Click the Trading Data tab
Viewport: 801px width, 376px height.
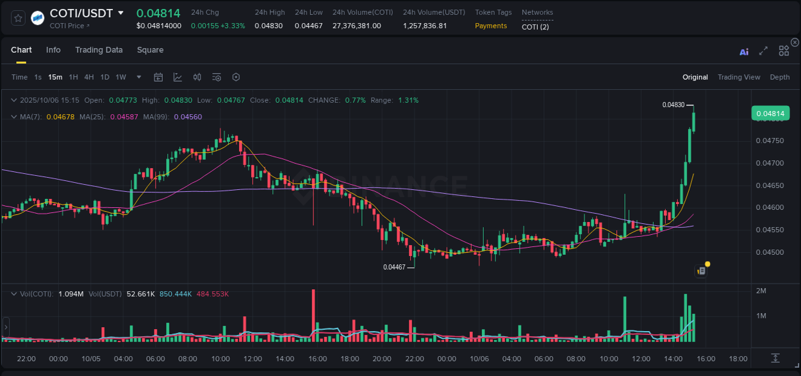pyautogui.click(x=99, y=50)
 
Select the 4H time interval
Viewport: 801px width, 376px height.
pyautogui.click(x=89, y=77)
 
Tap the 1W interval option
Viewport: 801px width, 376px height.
pyautogui.click(x=120, y=77)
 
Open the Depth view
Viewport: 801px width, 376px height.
pyautogui.click(x=779, y=77)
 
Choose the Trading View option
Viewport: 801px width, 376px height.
pyautogui.click(x=738, y=77)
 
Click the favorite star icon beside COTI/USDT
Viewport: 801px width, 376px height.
pyautogui.click(x=19, y=18)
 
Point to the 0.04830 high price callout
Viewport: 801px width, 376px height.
pyautogui.click(x=673, y=105)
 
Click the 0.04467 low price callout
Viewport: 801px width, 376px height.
pyautogui.click(x=394, y=267)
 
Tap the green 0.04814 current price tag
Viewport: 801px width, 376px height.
pyautogui.click(x=770, y=114)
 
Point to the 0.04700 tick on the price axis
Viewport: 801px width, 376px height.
pyautogui.click(x=770, y=163)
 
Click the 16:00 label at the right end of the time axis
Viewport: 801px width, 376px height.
pyautogui.click(x=706, y=359)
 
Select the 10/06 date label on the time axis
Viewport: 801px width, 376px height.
pyautogui.click(x=479, y=359)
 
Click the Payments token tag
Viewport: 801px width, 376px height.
pyautogui.click(x=491, y=26)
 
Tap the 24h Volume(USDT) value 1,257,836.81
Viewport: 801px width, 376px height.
pyautogui.click(x=425, y=26)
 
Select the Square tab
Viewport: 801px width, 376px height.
pyautogui.click(x=150, y=50)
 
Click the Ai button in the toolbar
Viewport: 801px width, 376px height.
pyautogui.click(x=744, y=52)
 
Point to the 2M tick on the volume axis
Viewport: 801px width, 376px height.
pyautogui.click(x=761, y=291)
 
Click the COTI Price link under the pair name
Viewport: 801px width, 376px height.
pyautogui.click(x=69, y=26)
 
